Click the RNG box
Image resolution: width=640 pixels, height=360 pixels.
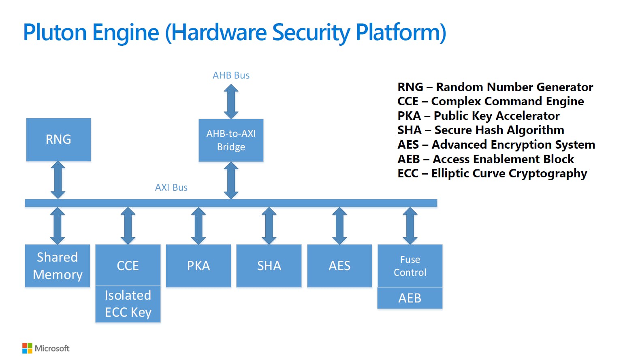58,139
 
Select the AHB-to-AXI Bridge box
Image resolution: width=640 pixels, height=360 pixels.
231,140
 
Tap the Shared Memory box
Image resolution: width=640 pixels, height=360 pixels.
58,266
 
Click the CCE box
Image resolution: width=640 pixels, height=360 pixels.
128,265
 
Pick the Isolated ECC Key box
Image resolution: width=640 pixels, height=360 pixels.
128,304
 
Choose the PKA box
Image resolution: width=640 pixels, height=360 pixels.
198,266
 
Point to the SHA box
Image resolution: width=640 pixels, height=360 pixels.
269,266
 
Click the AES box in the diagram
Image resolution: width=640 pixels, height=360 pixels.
339,266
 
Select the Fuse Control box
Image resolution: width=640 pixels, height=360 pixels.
410,266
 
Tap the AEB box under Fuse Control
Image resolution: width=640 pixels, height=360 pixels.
410,298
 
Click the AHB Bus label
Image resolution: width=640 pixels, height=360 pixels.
231,75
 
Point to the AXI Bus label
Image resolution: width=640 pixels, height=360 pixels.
171,187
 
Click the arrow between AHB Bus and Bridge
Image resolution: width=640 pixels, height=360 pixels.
231,101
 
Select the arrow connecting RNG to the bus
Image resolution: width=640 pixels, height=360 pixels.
58,180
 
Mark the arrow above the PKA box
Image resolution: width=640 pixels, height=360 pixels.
198,226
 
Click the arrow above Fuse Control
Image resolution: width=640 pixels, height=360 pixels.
410,226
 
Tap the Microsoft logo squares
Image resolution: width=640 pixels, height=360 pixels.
27,348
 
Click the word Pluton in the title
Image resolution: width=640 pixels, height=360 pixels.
55,32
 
